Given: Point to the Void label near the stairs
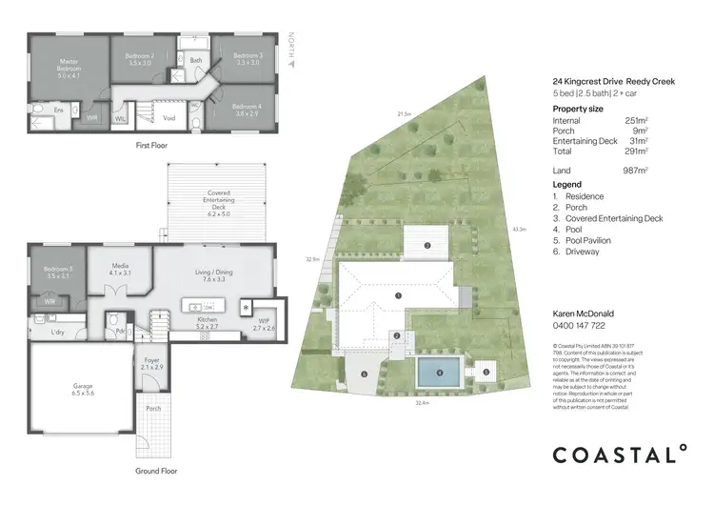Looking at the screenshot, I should coord(169,118).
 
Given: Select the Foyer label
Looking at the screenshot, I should coord(152,363).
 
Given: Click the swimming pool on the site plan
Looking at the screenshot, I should coord(439,374).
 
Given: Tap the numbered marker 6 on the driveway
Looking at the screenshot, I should coord(364,374).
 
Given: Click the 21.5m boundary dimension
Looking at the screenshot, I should coord(405,114).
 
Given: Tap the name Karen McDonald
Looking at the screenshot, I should coord(583,313).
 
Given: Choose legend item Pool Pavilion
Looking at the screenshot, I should coord(589,241).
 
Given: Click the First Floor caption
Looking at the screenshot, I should coord(152,149).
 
